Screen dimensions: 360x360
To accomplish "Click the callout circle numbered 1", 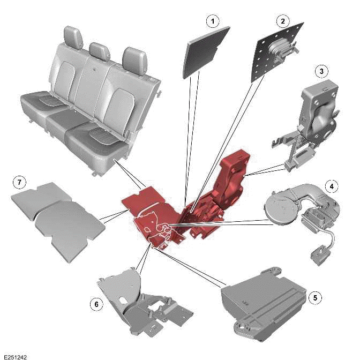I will click(213, 21).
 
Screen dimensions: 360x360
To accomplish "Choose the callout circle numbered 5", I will click(316, 297).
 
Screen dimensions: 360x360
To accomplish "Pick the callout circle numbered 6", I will click(96, 304).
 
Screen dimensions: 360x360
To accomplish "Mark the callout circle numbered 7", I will click(19, 183).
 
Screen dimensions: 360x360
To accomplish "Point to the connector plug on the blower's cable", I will click(320, 250).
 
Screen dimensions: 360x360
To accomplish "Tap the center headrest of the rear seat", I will click(100, 51).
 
